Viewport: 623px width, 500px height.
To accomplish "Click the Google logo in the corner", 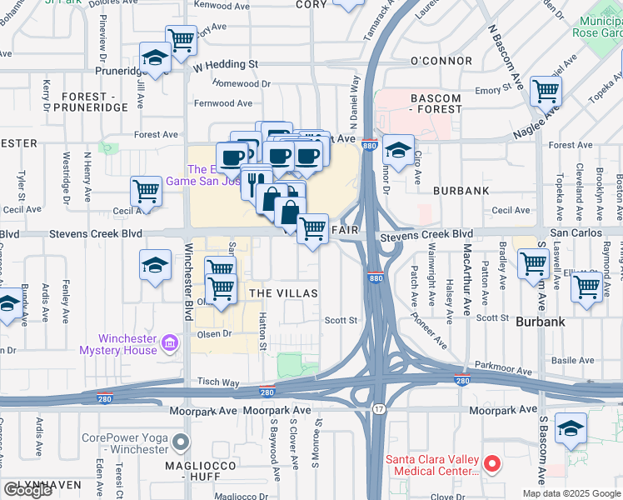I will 27,490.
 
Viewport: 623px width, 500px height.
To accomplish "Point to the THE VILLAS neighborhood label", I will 283,293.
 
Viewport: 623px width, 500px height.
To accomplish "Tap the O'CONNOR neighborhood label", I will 441,62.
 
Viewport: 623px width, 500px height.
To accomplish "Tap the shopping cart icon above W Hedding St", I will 181,38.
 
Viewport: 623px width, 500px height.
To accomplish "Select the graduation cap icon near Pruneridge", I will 155,57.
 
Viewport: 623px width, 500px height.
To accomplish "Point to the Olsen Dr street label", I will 213,333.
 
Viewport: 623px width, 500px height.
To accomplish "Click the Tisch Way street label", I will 218,382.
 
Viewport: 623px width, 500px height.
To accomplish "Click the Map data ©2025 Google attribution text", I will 571,493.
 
